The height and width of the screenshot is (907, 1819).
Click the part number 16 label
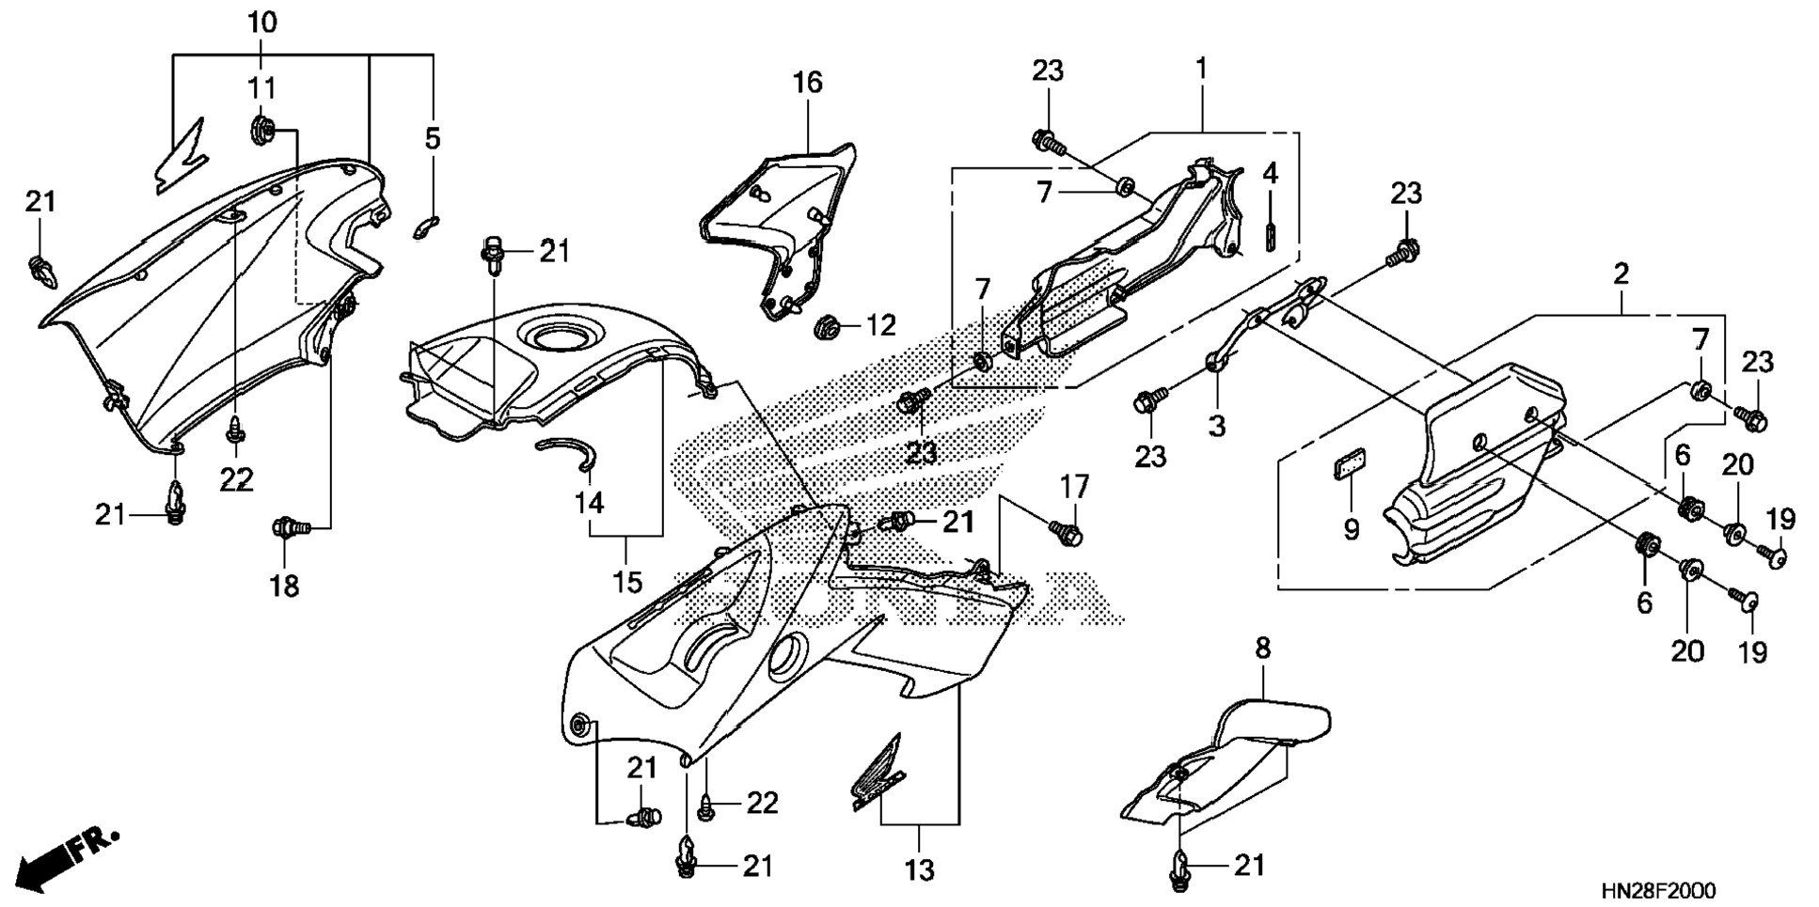click(807, 83)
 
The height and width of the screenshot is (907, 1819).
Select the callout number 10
click(262, 23)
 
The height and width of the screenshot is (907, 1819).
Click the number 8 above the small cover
click(1262, 647)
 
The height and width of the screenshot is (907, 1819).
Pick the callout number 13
click(919, 869)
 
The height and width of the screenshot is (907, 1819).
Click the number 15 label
click(627, 582)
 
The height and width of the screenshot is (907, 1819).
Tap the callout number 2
click(1620, 274)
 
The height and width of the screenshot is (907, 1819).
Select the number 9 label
click(1351, 530)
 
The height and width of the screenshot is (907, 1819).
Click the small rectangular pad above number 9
click(1350, 464)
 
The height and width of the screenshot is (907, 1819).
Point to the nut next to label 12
click(826, 328)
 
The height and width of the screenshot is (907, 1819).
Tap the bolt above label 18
click(285, 527)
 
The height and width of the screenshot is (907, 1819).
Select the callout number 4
click(1270, 173)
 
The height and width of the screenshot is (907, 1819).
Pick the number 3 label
click(1216, 426)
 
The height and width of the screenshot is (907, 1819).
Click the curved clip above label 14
click(570, 452)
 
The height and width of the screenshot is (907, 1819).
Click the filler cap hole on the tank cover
click(560, 335)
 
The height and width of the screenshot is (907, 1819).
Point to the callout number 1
click(1200, 69)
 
